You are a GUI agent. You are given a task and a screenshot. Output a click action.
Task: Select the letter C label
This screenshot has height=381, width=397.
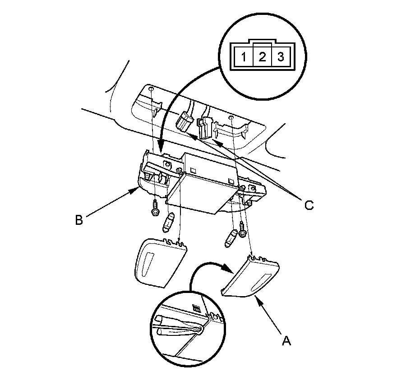[x=309, y=205]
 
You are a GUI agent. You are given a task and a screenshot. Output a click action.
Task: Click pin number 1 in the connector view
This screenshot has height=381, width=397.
[x=244, y=57]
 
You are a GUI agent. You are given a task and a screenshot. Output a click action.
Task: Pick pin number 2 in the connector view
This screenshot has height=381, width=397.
[x=262, y=57]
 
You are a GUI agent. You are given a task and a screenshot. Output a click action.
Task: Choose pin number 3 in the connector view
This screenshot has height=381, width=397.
[x=280, y=57]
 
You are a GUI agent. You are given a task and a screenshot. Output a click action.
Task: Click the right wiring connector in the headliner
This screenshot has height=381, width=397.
[x=205, y=126]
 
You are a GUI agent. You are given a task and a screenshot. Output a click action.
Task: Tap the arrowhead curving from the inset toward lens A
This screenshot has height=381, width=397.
[x=229, y=269]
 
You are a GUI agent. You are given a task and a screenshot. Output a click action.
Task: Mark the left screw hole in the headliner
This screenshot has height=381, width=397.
[x=152, y=89]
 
